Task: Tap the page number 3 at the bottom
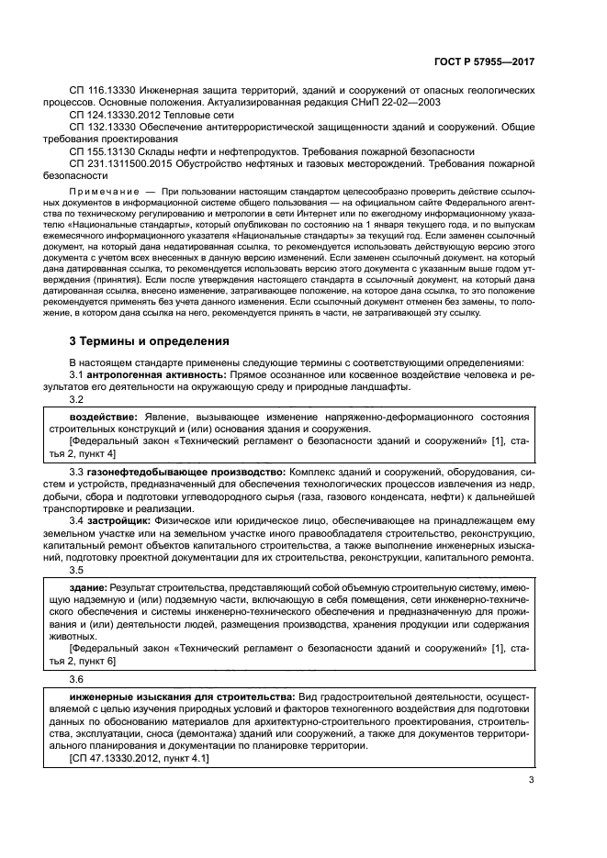(531, 781)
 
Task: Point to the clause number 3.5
(77, 570)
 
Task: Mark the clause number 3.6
(77, 679)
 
